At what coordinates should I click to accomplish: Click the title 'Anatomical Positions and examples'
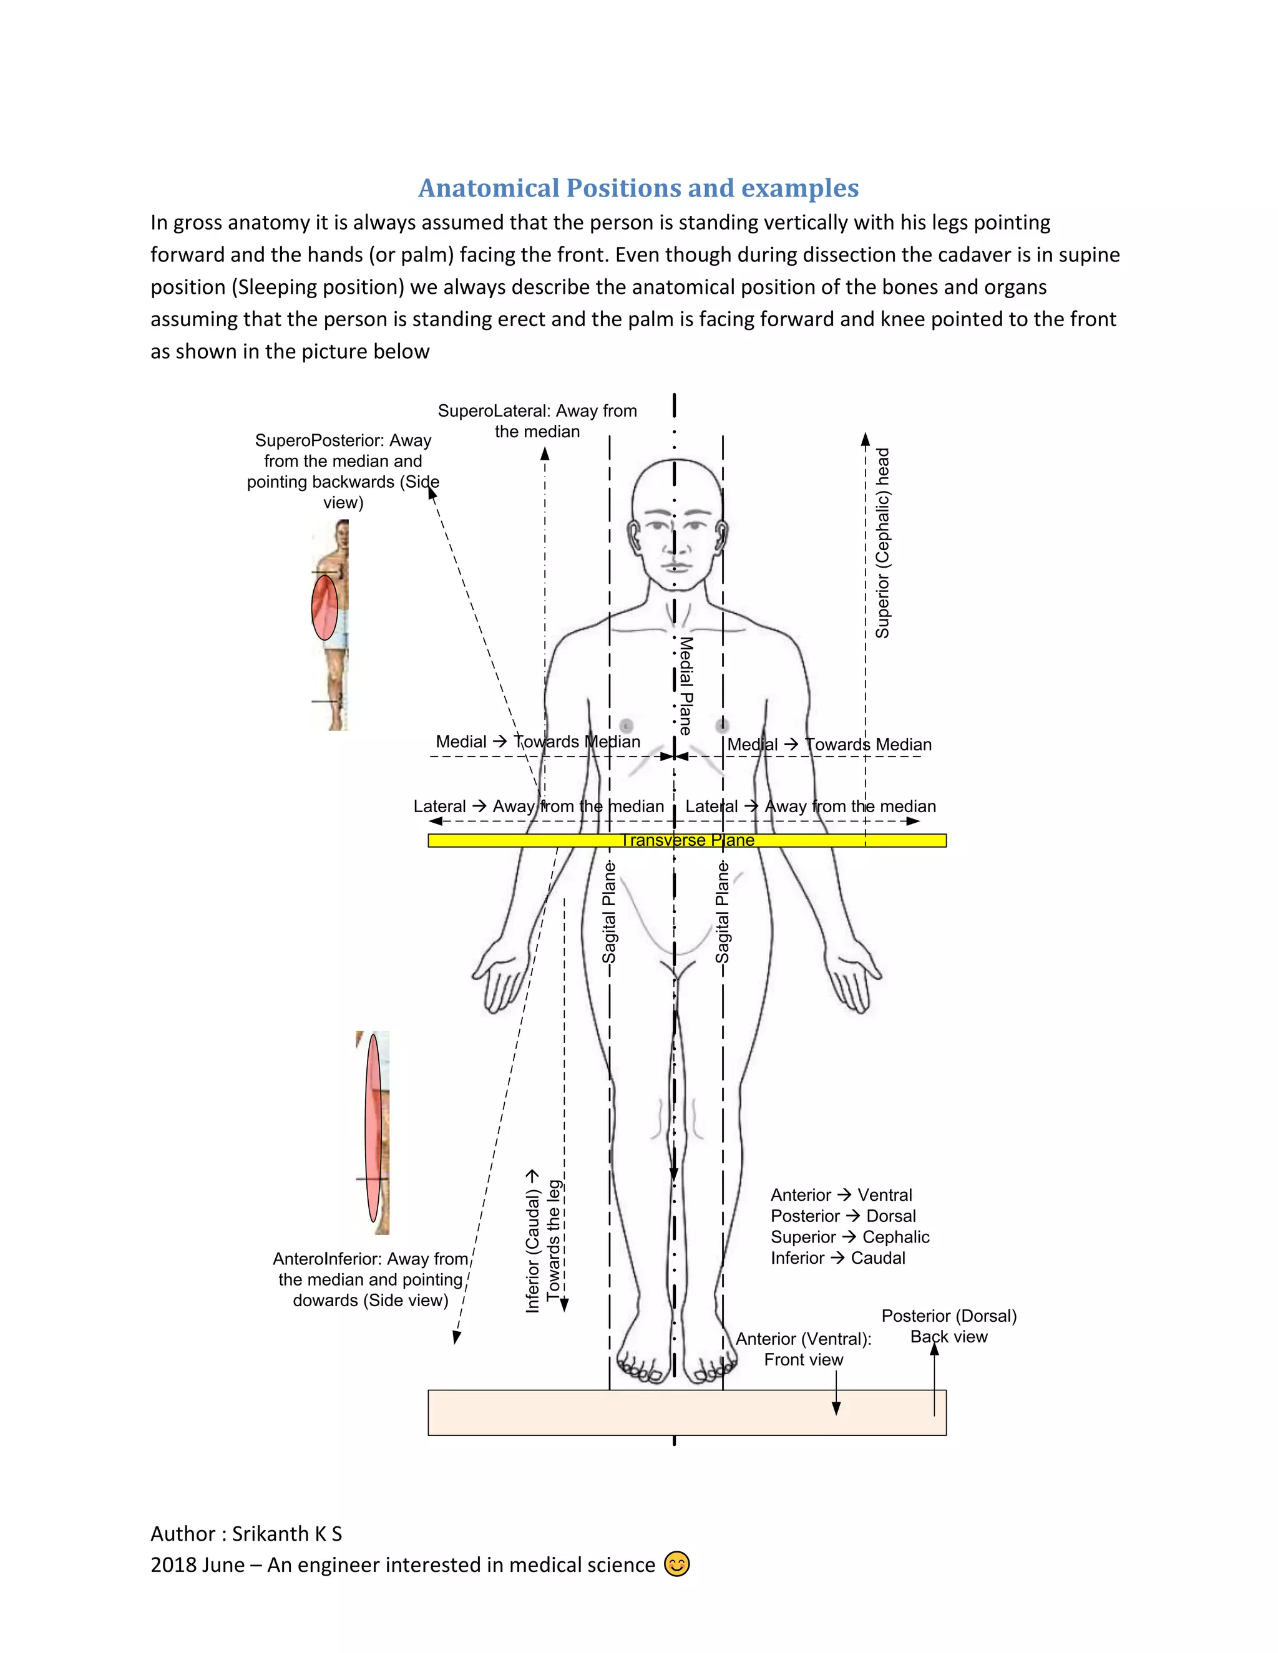click(x=638, y=188)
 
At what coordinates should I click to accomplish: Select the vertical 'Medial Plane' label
click(x=685, y=686)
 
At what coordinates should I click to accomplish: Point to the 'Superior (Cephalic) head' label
click(x=883, y=543)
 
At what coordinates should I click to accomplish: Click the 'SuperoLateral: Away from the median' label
click(x=537, y=421)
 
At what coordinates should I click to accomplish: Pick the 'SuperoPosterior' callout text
click(x=343, y=471)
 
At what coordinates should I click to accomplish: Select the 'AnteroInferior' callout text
click(x=370, y=1279)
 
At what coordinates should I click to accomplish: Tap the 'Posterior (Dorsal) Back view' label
click(x=949, y=1326)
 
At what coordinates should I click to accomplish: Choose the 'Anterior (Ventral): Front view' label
click(x=803, y=1349)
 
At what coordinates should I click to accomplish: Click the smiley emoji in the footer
click(x=677, y=1564)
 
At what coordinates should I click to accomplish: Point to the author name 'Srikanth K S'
click(x=287, y=1533)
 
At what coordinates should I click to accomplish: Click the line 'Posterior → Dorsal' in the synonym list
click(x=842, y=1216)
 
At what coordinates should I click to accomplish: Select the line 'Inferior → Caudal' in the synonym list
click(x=837, y=1258)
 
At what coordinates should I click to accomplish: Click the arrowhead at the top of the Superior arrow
click(x=866, y=439)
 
